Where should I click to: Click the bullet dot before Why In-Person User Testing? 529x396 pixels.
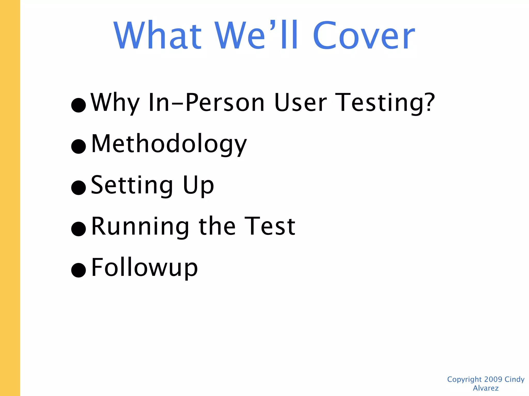tap(79, 105)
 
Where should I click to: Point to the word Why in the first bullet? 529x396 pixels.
tap(115, 103)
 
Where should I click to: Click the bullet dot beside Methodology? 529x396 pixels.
tap(79, 146)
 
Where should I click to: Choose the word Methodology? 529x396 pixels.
tap(169, 144)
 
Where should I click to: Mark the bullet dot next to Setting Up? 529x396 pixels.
tap(79, 187)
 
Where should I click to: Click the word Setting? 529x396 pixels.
tap(132, 185)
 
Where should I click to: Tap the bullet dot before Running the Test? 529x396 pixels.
tap(79, 229)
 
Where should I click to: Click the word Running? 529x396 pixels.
tap(140, 226)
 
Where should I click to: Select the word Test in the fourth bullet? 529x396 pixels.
tap(270, 226)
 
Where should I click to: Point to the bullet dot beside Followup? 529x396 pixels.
tap(79, 270)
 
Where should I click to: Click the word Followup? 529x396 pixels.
tap(145, 268)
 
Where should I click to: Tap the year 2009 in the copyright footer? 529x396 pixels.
tap(493, 379)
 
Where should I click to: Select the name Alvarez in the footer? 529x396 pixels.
tap(486, 388)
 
